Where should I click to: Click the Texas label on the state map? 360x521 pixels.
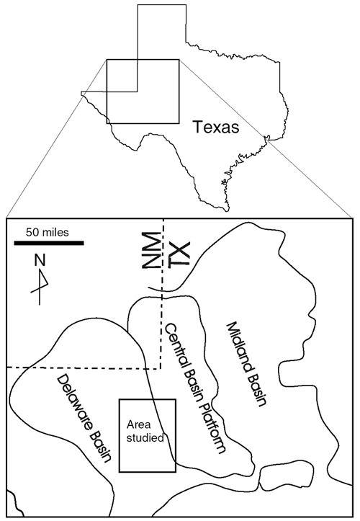pos(216,127)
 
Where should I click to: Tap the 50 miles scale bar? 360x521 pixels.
pos(49,244)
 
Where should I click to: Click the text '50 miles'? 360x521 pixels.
pos(48,232)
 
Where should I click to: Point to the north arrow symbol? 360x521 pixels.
pos(40,287)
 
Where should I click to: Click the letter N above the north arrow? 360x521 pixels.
pos(40,261)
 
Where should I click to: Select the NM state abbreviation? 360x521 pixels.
pos(150,250)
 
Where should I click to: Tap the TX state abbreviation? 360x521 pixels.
pos(179,254)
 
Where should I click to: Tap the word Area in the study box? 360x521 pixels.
pos(138,424)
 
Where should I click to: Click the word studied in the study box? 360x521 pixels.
pos(145,437)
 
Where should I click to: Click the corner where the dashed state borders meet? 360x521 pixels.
pos(161,368)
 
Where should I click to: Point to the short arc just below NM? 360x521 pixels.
pos(153,290)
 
